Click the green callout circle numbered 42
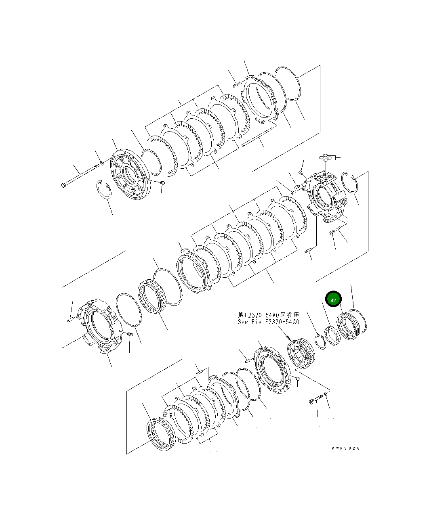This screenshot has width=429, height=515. [333, 300]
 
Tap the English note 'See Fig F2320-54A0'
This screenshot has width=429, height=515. [268, 322]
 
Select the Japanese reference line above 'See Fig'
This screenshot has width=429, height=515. [268, 314]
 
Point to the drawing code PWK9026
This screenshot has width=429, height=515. [345, 448]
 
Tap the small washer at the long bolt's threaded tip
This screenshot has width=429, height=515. [102, 163]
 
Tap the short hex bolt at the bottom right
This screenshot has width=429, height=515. [314, 401]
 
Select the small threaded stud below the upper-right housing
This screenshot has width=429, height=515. [332, 233]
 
